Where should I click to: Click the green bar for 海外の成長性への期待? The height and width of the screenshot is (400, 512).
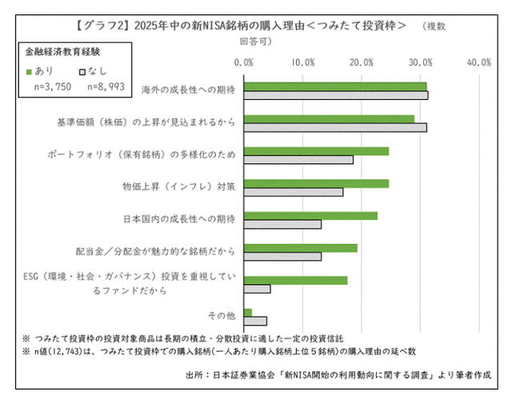click(x=335, y=86)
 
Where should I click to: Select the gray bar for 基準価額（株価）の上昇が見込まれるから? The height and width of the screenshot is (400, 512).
click(x=335, y=127)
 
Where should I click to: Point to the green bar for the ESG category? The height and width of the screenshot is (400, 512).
click(x=295, y=280)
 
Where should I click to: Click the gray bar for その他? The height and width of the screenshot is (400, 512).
click(x=255, y=321)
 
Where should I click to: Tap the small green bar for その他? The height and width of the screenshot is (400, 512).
click(x=248, y=312)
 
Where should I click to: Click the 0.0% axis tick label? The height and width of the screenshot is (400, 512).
click(x=245, y=62)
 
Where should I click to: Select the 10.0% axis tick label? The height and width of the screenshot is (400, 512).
click(x=303, y=62)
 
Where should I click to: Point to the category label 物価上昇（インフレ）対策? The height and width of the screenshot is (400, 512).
click(x=179, y=186)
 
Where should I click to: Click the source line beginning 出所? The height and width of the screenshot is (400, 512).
click(x=336, y=374)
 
